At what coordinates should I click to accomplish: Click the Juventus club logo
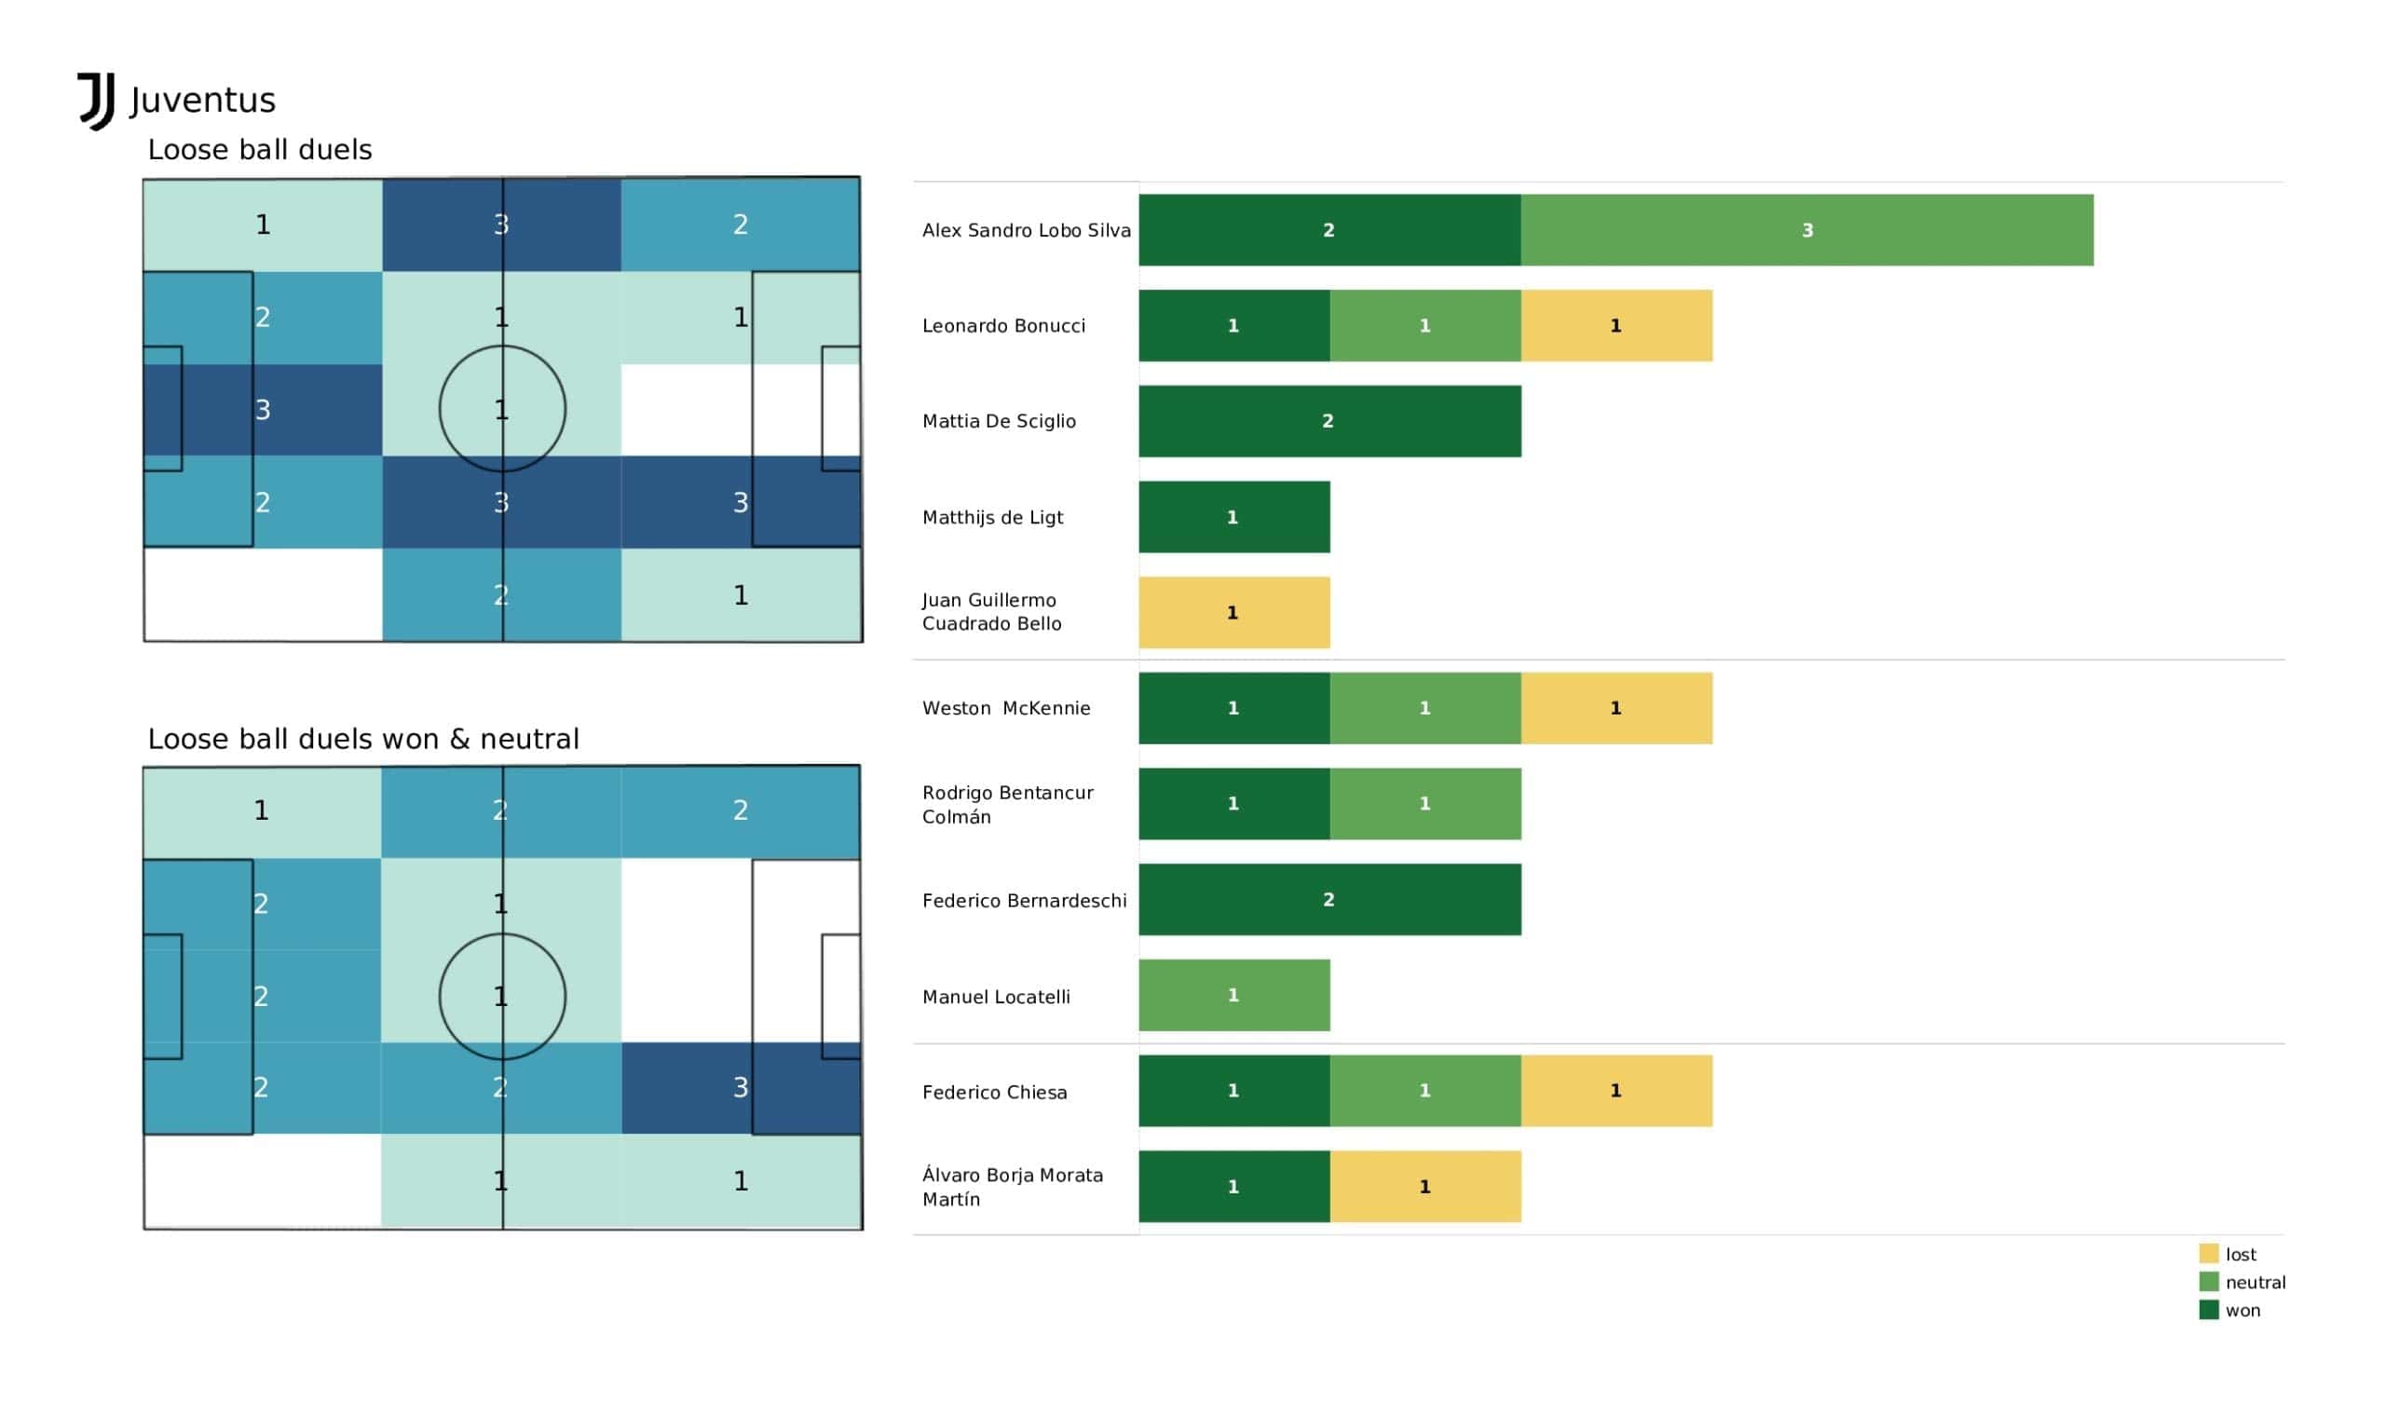point(97,101)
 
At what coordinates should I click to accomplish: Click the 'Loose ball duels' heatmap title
point(259,150)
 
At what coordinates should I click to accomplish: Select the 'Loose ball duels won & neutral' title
point(362,740)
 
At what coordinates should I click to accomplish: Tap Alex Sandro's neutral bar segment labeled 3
point(1806,230)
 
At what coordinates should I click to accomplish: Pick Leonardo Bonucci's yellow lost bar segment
point(1615,326)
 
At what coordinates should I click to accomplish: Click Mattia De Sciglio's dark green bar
point(1329,421)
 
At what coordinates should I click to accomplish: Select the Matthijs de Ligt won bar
point(1233,517)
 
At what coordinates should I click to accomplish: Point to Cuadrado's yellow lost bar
point(1233,612)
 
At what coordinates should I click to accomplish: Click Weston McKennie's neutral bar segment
point(1424,708)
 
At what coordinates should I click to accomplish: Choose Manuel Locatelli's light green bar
point(1233,995)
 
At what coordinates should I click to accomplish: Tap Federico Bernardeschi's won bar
point(1329,899)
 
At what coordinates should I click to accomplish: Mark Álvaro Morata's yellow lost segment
point(1424,1186)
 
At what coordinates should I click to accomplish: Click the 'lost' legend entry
point(2240,1254)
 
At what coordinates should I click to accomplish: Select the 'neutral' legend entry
point(2254,1283)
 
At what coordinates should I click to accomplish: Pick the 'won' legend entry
point(2242,1311)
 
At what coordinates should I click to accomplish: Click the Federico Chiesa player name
point(994,1093)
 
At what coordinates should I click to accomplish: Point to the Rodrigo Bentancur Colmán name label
point(1007,805)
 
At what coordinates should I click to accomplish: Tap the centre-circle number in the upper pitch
point(501,410)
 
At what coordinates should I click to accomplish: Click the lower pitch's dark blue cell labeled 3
point(740,1087)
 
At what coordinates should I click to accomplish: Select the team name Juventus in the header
point(202,101)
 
